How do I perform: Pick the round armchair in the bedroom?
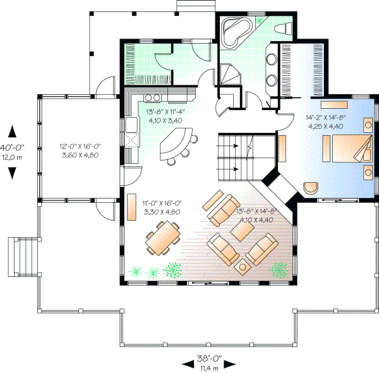310,188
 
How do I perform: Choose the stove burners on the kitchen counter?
152,98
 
